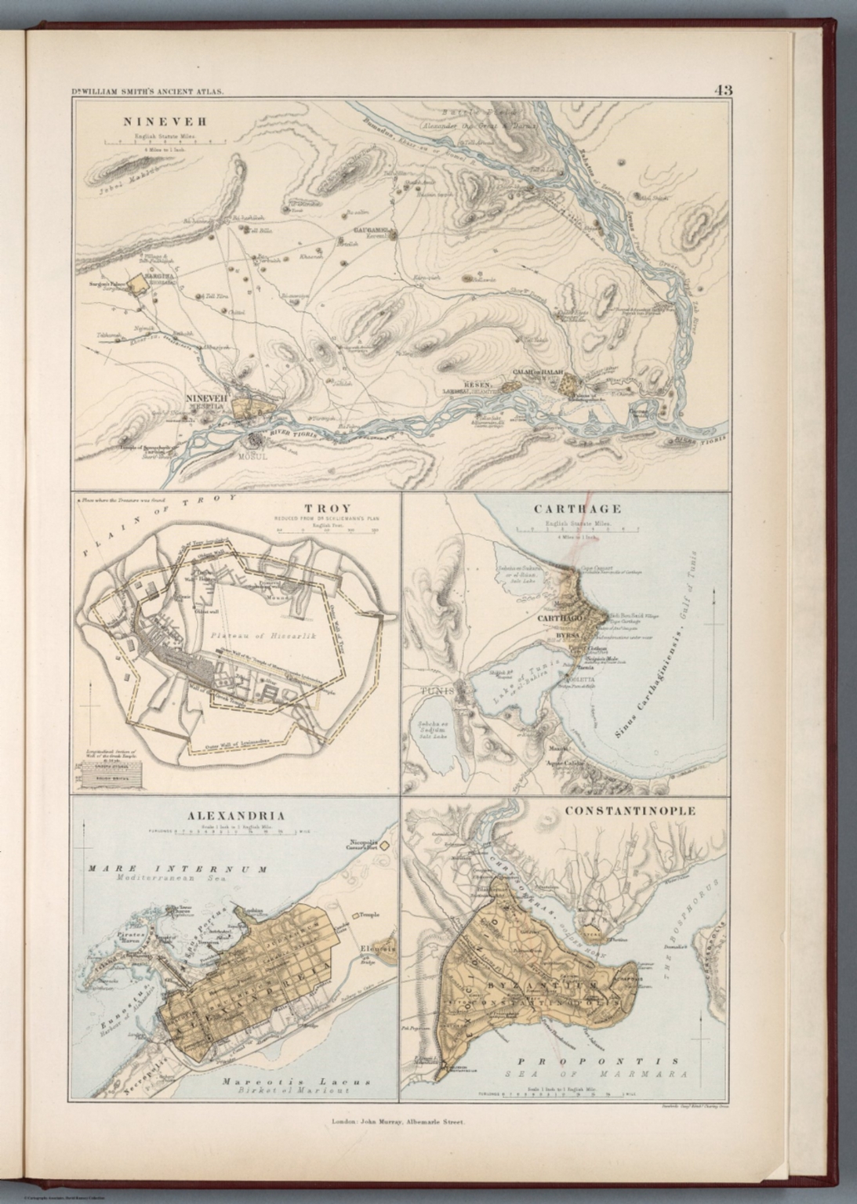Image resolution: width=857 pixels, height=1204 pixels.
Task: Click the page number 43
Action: click(722, 90)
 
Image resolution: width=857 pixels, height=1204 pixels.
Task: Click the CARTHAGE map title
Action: click(566, 509)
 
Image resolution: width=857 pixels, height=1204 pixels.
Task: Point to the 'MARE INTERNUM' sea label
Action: click(177, 869)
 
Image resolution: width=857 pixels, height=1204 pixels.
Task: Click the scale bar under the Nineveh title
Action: click(165, 143)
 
